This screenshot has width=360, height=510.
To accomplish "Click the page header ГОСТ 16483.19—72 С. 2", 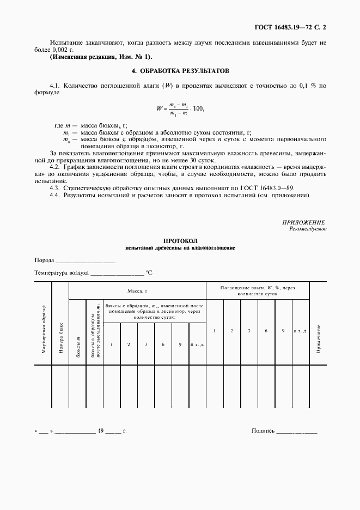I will pos(295,26).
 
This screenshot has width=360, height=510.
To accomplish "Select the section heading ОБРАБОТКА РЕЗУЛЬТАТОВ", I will pos(185,71).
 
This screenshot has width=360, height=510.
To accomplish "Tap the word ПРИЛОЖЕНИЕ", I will pos(304,222).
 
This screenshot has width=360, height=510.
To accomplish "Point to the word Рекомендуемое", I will pos(308,229).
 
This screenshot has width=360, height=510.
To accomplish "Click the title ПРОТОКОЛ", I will pos(180,241).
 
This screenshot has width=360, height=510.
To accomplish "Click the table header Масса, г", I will pos(137,291).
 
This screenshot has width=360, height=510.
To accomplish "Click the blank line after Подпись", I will pos(296,431).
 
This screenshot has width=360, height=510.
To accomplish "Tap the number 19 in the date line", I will pos(100,431).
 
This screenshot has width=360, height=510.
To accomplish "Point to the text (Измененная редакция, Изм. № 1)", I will pos(101,57).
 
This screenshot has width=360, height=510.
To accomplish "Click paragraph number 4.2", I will pos(54,167).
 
